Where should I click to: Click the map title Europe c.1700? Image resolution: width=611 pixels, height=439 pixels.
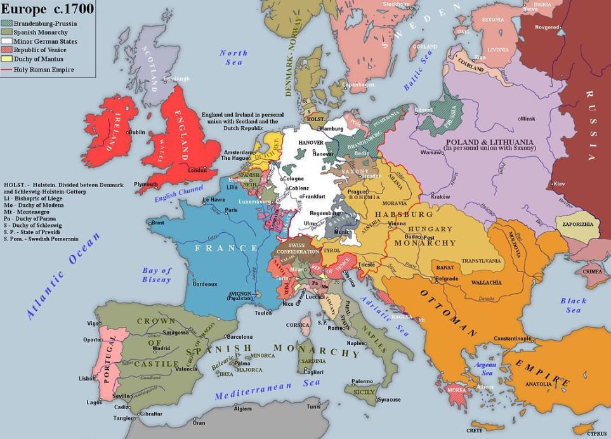tap(47, 9)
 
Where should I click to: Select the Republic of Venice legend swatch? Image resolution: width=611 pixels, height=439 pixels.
tap(8, 49)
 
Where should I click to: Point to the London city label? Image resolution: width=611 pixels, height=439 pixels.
tap(197, 170)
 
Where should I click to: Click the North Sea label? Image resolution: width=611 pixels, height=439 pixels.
tap(233, 58)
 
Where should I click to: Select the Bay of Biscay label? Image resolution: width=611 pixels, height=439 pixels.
tap(156, 275)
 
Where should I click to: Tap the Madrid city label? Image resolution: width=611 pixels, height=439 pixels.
tap(161, 348)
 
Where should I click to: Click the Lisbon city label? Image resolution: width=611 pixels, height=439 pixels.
tap(87, 378)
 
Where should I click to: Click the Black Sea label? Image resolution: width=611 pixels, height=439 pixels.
tap(573, 305)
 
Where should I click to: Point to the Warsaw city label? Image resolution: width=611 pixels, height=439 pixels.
tap(431, 153)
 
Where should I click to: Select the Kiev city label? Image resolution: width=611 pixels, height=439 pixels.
tap(558, 183)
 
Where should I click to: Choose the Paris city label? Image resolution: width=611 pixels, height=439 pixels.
tap(230, 210)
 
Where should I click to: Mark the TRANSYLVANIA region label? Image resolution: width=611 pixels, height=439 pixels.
tap(481, 261)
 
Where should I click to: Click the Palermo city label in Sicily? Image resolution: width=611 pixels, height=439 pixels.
tap(362, 381)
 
